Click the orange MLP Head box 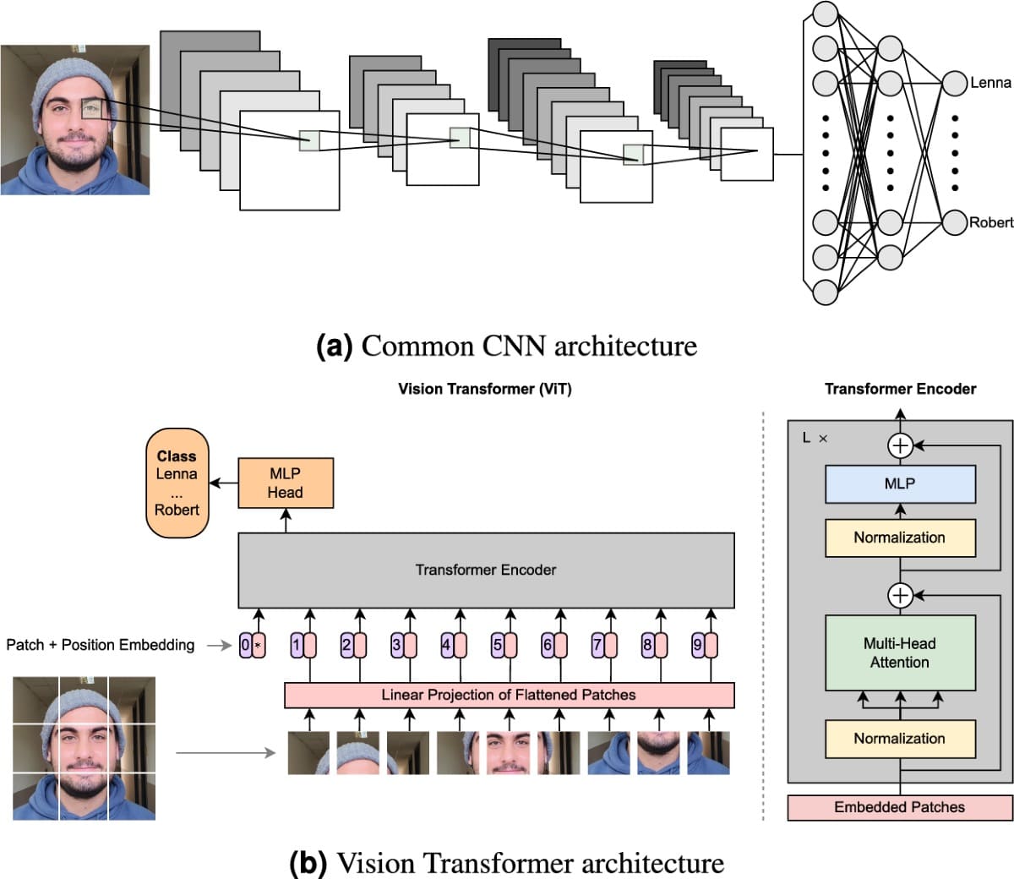[x=285, y=483]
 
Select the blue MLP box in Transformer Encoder [x=900, y=484]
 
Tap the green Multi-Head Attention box [x=900, y=653]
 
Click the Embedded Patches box [x=900, y=807]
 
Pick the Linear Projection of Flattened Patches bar [x=509, y=695]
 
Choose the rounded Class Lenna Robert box [x=177, y=483]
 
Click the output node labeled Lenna [x=954, y=83]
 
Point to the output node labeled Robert [x=954, y=222]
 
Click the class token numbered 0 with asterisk [x=252, y=646]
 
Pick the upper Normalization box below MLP [x=900, y=538]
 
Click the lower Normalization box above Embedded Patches [x=900, y=739]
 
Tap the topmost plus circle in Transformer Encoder [x=901, y=445]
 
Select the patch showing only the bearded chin [x=658, y=753]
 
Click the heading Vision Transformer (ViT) [x=484, y=389]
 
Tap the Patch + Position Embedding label [x=100, y=645]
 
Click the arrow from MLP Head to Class [x=223, y=483]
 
